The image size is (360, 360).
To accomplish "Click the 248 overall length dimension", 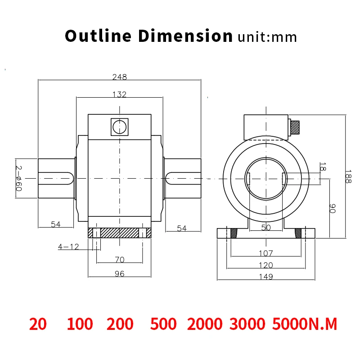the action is pyautogui.click(x=119, y=77).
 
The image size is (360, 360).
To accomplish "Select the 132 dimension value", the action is pyautogui.click(x=119, y=94).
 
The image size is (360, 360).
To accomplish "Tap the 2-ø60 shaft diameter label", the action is pyautogui.click(x=18, y=178).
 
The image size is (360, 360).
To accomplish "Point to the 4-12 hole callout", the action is pyautogui.click(x=68, y=247).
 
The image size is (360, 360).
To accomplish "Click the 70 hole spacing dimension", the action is pyautogui.click(x=120, y=260).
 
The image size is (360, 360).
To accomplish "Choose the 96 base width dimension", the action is pyautogui.click(x=119, y=274).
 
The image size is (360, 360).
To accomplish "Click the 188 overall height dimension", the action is pyautogui.click(x=348, y=176).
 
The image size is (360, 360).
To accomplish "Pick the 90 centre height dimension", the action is pyautogui.click(x=332, y=208).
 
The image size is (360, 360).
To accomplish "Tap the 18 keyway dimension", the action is pyautogui.click(x=323, y=166).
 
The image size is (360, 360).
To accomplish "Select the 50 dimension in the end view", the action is pyautogui.click(x=266, y=228).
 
